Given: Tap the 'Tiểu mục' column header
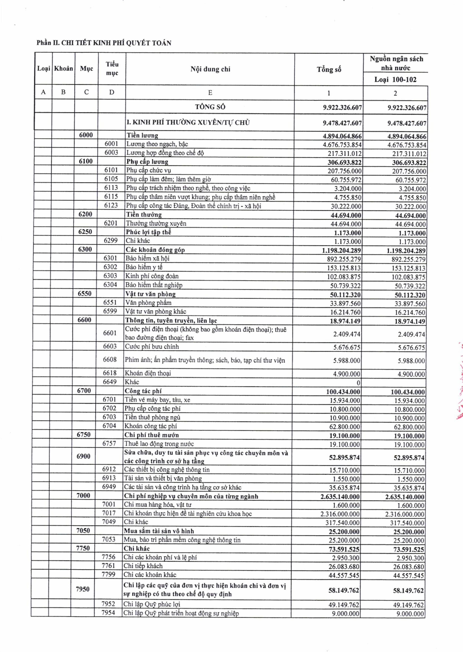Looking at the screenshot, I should tap(112, 69).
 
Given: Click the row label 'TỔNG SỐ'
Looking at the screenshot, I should tap(210, 107).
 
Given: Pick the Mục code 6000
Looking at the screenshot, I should tap(86, 135).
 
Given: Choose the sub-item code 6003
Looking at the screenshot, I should tap(111, 153).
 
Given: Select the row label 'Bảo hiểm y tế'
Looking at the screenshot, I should tap(144, 267).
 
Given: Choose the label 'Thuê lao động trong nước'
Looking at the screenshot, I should tap(159, 444).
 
